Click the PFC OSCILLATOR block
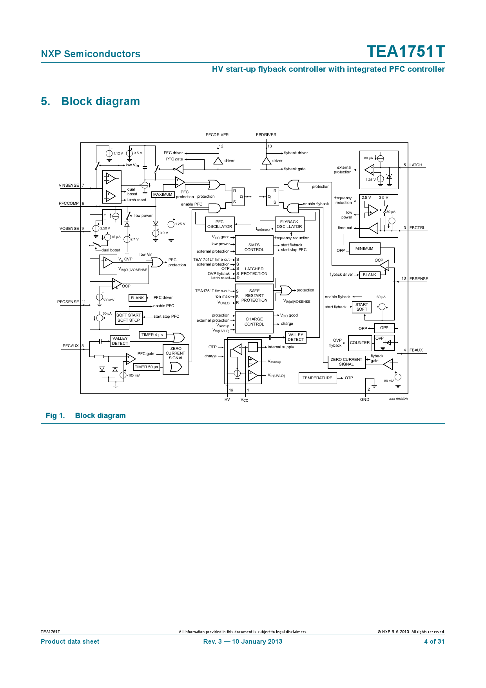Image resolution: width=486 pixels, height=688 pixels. [x=219, y=224]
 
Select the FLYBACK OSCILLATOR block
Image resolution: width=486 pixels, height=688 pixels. [x=289, y=224]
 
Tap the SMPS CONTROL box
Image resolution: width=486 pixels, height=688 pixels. [x=254, y=247]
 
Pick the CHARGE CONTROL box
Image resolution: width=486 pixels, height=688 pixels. [x=254, y=322]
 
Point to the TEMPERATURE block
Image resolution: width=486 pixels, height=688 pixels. [x=317, y=378]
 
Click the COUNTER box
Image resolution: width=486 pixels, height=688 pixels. [x=360, y=343]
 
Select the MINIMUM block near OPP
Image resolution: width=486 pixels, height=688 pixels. [x=364, y=249]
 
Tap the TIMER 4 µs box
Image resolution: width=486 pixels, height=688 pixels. [x=152, y=335]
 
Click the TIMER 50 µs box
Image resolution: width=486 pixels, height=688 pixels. [x=147, y=367]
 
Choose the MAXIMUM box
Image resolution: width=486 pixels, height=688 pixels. [x=163, y=195]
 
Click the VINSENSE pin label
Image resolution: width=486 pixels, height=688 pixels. [x=69, y=186]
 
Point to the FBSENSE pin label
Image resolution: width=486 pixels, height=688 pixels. [x=419, y=279]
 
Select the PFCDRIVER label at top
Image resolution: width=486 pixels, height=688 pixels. [x=217, y=135]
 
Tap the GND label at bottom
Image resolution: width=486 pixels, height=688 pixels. [x=364, y=399]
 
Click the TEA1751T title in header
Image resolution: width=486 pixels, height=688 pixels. [x=406, y=52]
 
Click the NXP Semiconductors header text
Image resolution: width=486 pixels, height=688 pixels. [x=91, y=54]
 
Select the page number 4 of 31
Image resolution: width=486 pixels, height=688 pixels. [x=434, y=641]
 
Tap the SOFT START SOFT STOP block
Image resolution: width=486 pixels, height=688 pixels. [x=129, y=318]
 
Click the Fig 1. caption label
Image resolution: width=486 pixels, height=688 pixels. [x=55, y=416]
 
